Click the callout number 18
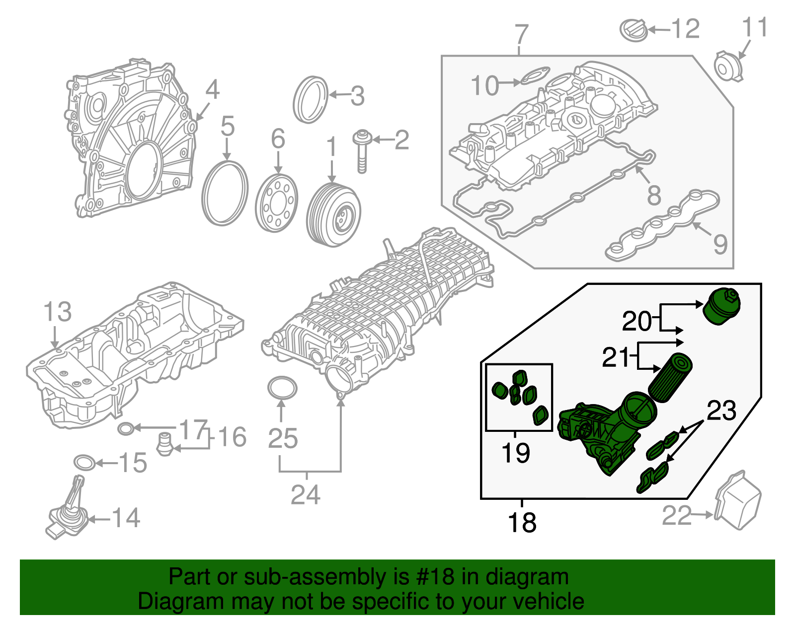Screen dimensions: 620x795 coord(522,523)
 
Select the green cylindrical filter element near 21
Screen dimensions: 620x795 coord(669,377)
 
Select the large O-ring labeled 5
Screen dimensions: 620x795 coord(225,193)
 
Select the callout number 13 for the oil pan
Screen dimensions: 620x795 coord(57,312)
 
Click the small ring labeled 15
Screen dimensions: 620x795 coord(84,463)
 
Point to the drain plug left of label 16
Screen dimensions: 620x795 coord(163,444)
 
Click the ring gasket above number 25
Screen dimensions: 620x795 coord(282,388)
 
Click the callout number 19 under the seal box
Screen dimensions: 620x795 coord(515,453)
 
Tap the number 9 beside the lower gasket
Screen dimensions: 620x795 coord(720,245)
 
